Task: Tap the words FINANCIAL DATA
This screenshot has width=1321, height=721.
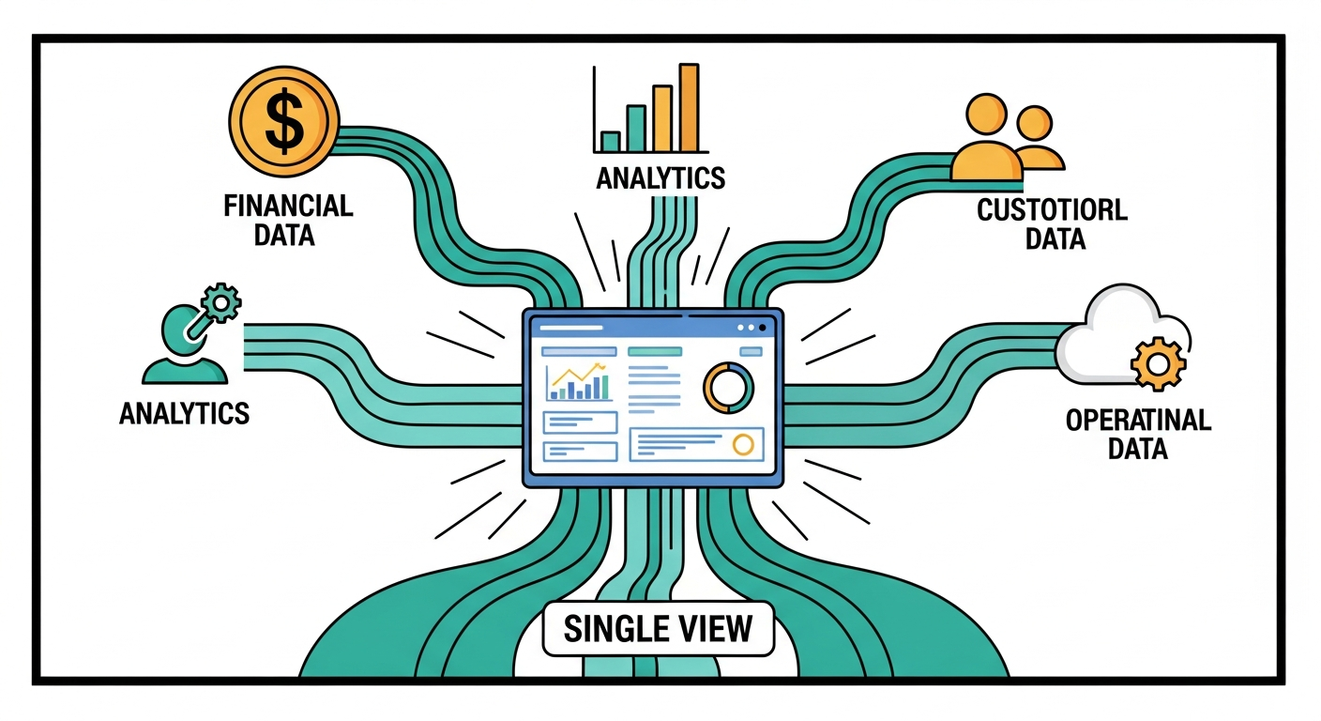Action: [x=288, y=220]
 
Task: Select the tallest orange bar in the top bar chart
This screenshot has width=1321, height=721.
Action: [x=690, y=107]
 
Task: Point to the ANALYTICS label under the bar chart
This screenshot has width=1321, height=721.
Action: [x=660, y=177]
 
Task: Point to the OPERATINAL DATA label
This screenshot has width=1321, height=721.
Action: [x=1138, y=434]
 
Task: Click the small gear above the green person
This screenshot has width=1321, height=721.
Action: [x=223, y=303]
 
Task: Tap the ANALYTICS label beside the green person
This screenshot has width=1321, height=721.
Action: [x=184, y=412]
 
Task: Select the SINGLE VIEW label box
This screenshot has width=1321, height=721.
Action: [x=659, y=628]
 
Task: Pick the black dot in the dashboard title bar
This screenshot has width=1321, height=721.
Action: [x=762, y=328]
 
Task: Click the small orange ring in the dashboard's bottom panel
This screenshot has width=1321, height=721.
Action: [x=744, y=444]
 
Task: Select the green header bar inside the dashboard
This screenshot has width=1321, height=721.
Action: [x=653, y=351]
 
